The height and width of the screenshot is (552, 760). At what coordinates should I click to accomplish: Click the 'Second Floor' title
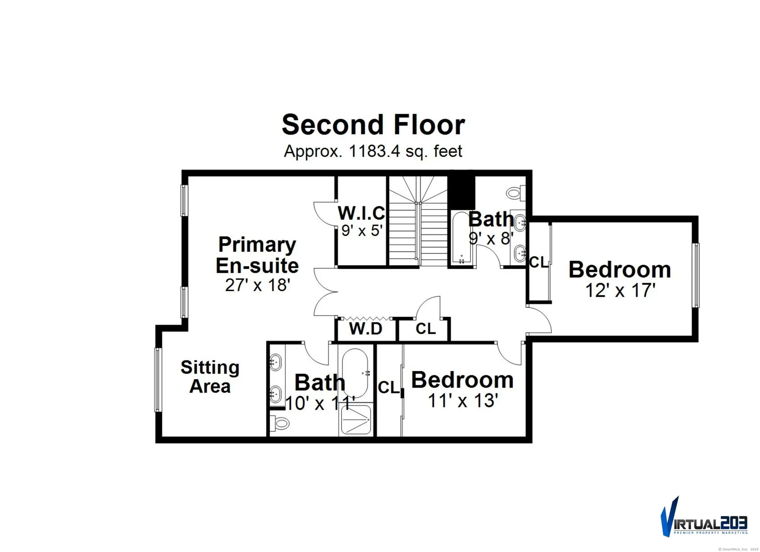point(373,125)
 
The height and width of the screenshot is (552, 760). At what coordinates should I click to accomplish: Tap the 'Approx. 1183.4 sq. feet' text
point(373,151)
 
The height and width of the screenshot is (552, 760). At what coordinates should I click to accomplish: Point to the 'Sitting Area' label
point(210,377)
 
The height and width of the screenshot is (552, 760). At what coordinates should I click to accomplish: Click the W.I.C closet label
point(361,213)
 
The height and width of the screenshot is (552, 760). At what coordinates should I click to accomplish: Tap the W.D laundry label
point(366,329)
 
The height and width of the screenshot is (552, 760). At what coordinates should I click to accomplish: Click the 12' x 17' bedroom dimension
point(620,291)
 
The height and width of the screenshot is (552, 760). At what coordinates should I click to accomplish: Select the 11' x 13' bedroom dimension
point(463,401)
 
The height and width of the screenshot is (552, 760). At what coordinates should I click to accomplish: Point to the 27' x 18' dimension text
point(257,285)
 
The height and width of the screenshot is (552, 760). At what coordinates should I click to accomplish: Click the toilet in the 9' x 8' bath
point(515,193)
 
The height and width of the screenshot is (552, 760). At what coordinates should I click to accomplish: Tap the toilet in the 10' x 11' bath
point(280,423)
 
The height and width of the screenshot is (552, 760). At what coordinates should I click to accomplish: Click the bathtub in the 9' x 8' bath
point(461,237)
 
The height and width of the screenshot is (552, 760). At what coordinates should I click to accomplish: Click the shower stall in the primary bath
point(356,420)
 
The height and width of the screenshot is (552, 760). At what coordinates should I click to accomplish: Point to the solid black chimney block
point(461,192)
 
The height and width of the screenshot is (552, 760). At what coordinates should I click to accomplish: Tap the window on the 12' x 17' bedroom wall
point(696,275)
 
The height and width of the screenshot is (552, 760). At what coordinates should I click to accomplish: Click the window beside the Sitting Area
point(158,380)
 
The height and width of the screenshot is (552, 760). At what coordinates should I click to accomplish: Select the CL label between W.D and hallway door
point(425,329)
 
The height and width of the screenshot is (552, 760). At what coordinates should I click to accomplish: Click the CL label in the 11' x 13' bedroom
point(389,388)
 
